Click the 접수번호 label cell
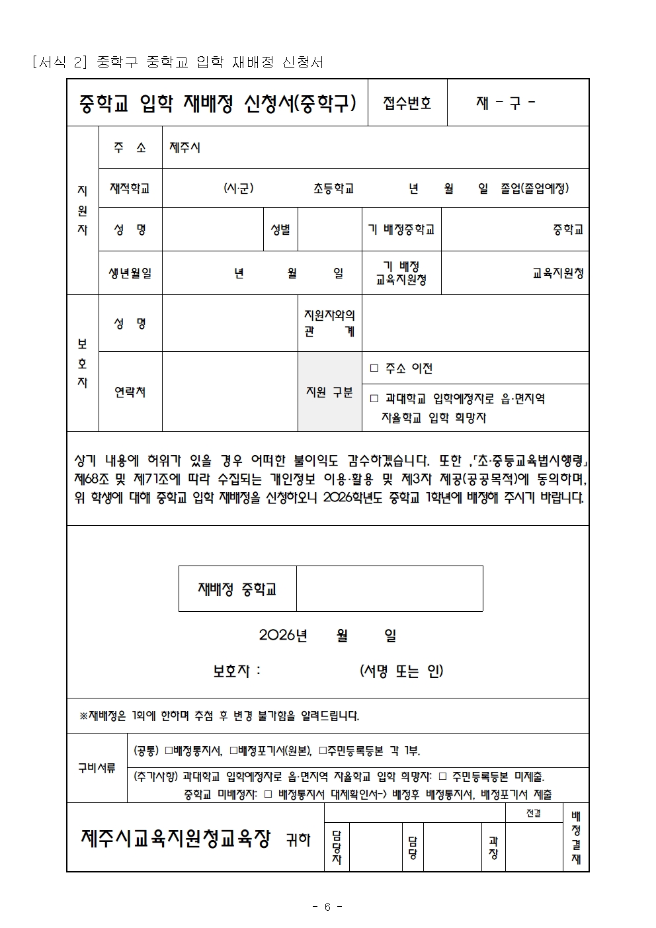407,103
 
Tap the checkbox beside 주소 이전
374,368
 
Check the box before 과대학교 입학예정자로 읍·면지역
374,399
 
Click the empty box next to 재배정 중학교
389,589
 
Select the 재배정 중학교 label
237,589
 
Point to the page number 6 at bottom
327,907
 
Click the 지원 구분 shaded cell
329,392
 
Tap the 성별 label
280,230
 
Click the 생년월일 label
130,273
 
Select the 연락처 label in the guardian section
130,392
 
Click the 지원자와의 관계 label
329,323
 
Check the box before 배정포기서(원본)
233,751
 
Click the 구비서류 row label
97,768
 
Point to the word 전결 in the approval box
534,814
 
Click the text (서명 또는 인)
401,671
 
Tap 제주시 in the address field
185,148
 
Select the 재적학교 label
130,189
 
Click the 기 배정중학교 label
401,230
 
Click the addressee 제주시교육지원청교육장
176,839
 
